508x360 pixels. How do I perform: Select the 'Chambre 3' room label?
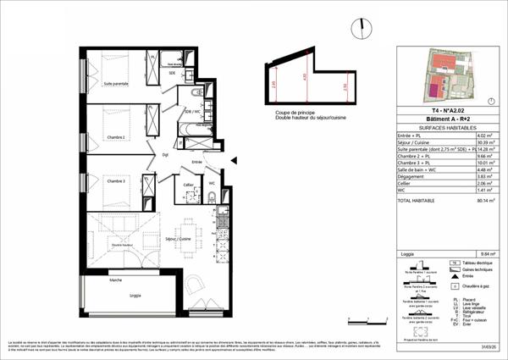(115, 181)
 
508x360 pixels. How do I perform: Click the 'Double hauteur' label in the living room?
(124, 245)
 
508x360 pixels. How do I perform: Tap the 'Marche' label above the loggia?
(116, 280)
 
